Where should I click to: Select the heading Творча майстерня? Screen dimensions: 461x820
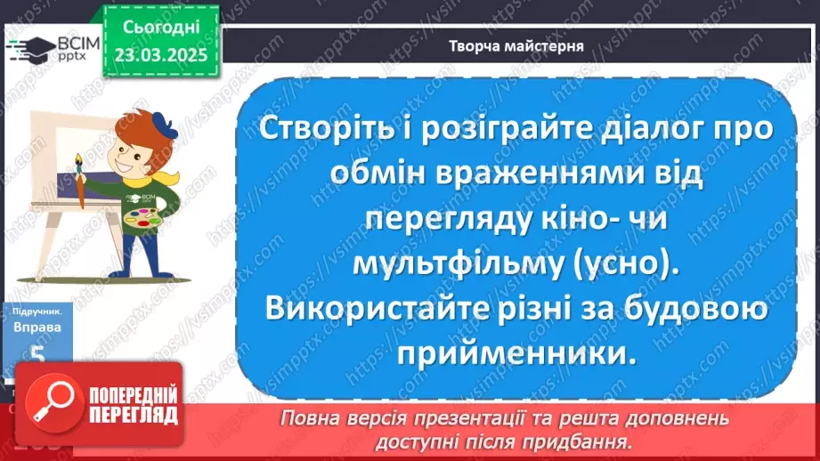tap(516, 45)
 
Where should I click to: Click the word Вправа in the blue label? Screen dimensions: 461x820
tap(37, 327)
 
